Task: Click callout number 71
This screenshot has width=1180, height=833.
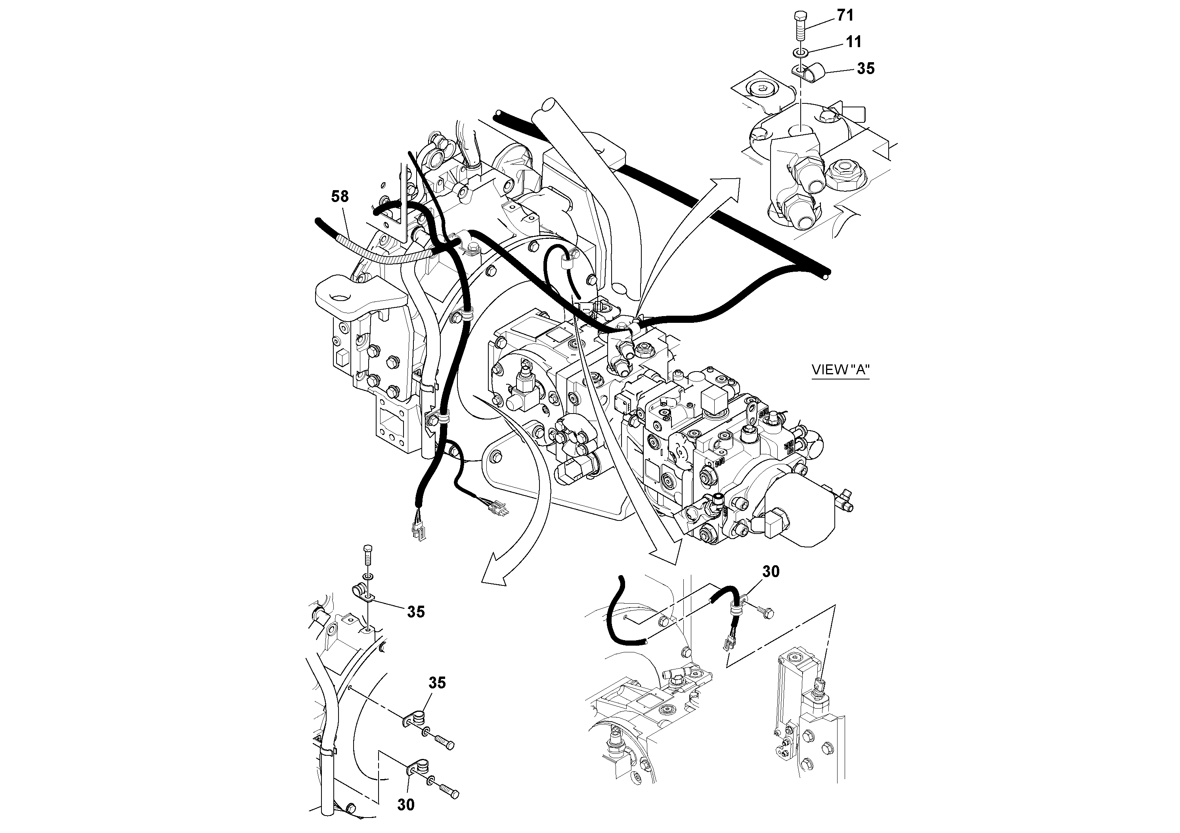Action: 845,16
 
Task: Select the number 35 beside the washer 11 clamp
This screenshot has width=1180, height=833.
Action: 865,69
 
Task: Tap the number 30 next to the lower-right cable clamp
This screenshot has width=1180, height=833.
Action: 771,572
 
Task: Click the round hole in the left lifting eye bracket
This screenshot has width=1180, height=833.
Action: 340,296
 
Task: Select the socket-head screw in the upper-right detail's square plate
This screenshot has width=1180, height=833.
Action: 759,91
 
